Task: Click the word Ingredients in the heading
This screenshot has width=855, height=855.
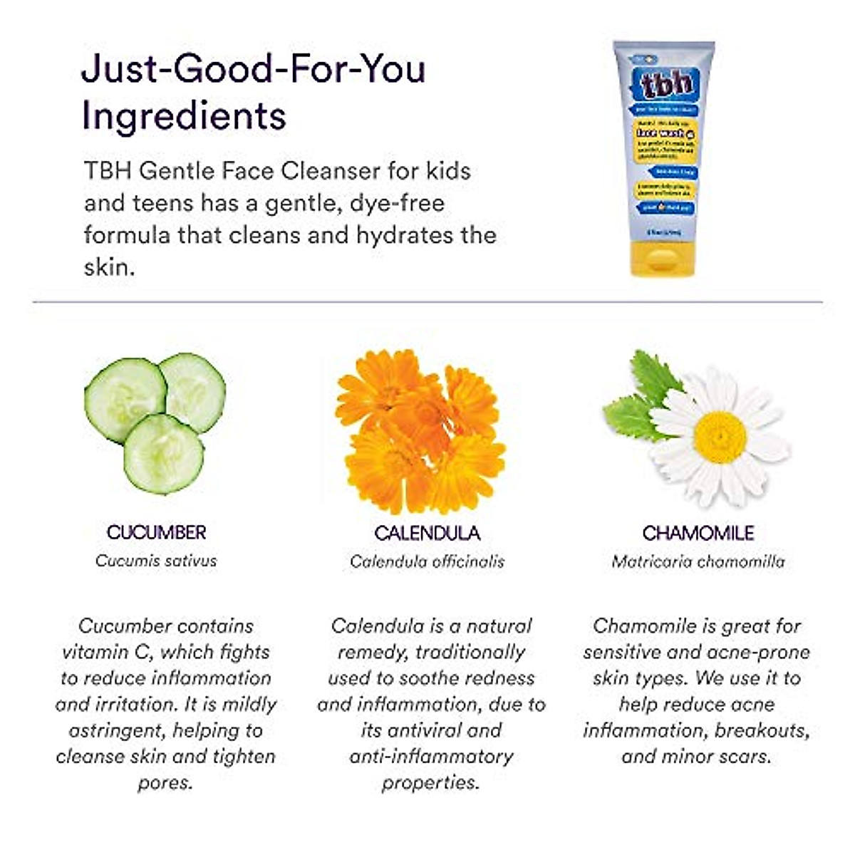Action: point(184,115)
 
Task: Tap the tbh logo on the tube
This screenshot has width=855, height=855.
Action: point(666,83)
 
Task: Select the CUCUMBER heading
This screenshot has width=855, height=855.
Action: point(156,532)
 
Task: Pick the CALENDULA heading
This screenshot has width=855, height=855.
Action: point(427,533)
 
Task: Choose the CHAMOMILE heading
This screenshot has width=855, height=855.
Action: point(698,533)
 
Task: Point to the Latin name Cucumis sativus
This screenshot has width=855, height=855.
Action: point(156,561)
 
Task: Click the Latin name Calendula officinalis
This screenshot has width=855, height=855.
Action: point(427,561)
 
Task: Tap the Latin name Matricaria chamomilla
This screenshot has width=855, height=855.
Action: point(698,561)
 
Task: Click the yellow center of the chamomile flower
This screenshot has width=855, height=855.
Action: point(720,435)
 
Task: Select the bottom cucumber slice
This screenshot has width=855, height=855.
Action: point(164,454)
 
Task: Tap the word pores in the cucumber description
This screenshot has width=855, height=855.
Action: point(165,782)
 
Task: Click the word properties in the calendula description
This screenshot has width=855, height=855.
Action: point(430,782)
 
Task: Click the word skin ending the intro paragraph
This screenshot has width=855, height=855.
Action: point(107,267)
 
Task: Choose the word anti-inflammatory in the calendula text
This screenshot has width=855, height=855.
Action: point(430,756)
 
